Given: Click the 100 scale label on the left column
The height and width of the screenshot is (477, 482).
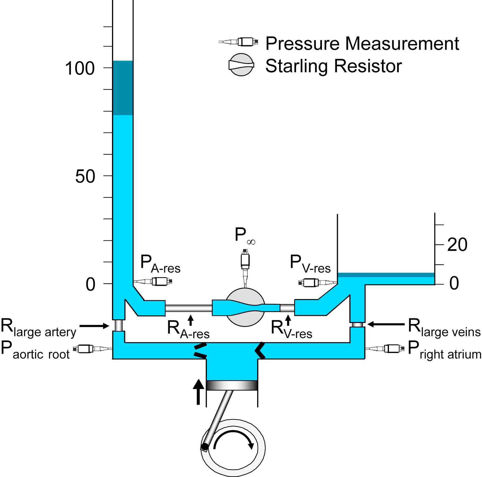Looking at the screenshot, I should click(x=80, y=69).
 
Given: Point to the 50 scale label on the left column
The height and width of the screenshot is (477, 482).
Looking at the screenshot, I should click(x=85, y=177).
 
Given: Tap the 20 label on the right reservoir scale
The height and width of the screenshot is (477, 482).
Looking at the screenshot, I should click(x=457, y=245).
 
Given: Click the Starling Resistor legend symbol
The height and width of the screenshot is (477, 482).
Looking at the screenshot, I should click(x=241, y=65).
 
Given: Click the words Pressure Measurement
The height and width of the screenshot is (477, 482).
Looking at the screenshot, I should click(x=362, y=43).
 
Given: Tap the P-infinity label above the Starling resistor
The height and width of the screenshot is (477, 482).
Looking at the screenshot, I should click(x=245, y=236).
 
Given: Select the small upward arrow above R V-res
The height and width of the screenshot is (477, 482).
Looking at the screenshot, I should click(x=288, y=320).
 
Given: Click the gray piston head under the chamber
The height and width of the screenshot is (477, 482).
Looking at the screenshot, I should click(x=232, y=385).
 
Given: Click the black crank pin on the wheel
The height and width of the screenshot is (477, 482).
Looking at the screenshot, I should click(x=204, y=447).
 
